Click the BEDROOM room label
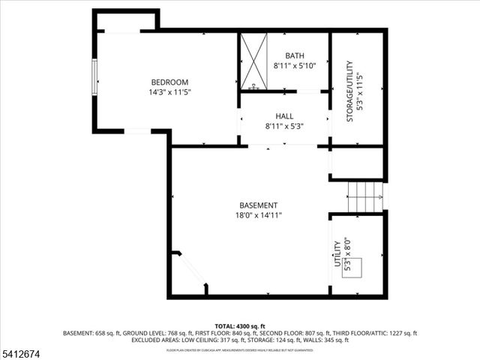(x=169, y=82)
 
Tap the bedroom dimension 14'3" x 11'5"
(x=169, y=93)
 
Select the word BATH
(x=295, y=55)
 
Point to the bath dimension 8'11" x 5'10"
(x=295, y=66)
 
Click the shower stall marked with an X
(x=253, y=61)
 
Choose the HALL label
(x=284, y=116)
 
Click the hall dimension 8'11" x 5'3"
(x=284, y=127)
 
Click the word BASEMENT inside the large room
(x=258, y=205)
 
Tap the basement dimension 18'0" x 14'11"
(x=258, y=216)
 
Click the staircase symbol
(x=366, y=196)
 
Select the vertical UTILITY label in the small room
(x=337, y=253)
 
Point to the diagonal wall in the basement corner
(x=191, y=271)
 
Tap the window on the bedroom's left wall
(x=94, y=77)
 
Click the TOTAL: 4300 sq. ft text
(x=239, y=325)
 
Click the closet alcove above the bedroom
(x=126, y=21)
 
